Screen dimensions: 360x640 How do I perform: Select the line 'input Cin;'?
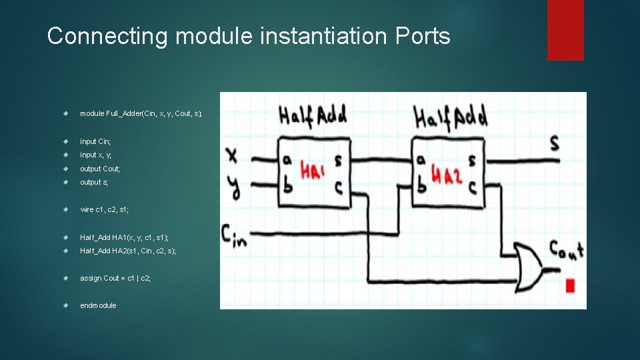[x=95, y=141]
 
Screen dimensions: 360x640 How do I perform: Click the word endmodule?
[x=98, y=305]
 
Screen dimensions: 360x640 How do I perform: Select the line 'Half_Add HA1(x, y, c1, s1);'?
[x=124, y=237]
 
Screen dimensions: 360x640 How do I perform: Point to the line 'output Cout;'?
[x=100, y=169]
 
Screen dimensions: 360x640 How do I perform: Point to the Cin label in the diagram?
[x=233, y=235]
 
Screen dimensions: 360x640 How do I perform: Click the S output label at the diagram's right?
[x=553, y=143]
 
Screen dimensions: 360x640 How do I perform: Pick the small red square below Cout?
[x=569, y=286]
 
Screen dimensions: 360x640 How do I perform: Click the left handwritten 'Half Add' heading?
[x=313, y=116]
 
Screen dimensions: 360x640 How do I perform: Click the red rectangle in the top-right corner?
[x=565, y=30]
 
